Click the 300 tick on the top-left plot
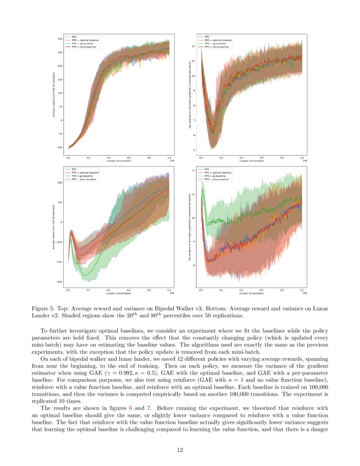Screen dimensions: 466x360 [x=60, y=39]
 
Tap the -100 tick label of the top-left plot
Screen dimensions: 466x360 [x=59, y=147]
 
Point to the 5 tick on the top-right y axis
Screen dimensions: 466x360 [x=194, y=150]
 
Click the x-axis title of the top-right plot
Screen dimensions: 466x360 [x=251, y=161]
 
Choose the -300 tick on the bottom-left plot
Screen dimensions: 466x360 [x=59, y=282]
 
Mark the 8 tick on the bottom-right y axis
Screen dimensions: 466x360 [x=194, y=265]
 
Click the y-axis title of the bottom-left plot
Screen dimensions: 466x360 [x=54, y=227]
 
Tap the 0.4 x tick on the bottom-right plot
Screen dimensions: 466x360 [x=241, y=291]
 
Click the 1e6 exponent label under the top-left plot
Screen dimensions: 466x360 [x=172, y=161]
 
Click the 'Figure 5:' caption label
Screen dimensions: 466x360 [x=42, y=308]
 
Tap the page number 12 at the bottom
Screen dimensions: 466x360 [x=180, y=450]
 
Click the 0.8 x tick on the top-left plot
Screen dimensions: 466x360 [x=149, y=158]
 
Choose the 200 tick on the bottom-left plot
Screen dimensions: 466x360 [x=60, y=183]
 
